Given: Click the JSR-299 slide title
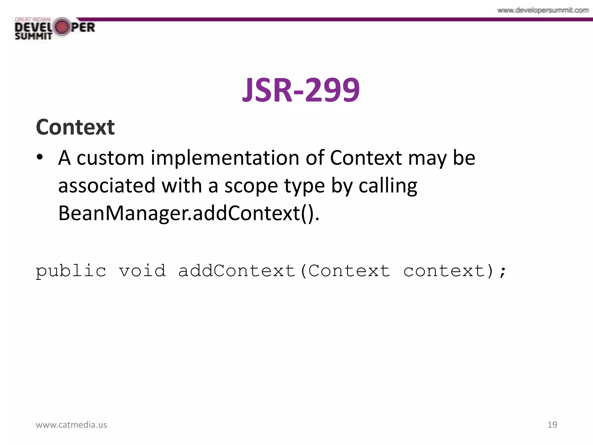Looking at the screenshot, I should point(301,90).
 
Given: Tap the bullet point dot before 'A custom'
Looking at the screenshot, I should point(40,157).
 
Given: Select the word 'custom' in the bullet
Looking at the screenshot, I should point(110,158).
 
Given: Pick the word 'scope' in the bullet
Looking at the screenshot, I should point(251,186).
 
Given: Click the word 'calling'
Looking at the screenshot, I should point(388,186).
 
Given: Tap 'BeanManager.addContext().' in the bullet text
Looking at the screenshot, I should point(188,213).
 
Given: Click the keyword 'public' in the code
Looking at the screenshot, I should point(71,271).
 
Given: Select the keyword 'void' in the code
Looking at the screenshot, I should point(142,271).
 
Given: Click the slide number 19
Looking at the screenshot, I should point(552,425).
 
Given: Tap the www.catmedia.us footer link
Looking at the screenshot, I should point(71,425).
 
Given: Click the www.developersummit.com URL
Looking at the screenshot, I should point(543,10).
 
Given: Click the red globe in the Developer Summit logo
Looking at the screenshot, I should point(61,27).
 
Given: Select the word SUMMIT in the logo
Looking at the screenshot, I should point(33,36).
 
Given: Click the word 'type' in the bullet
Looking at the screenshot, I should point(304,186).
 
